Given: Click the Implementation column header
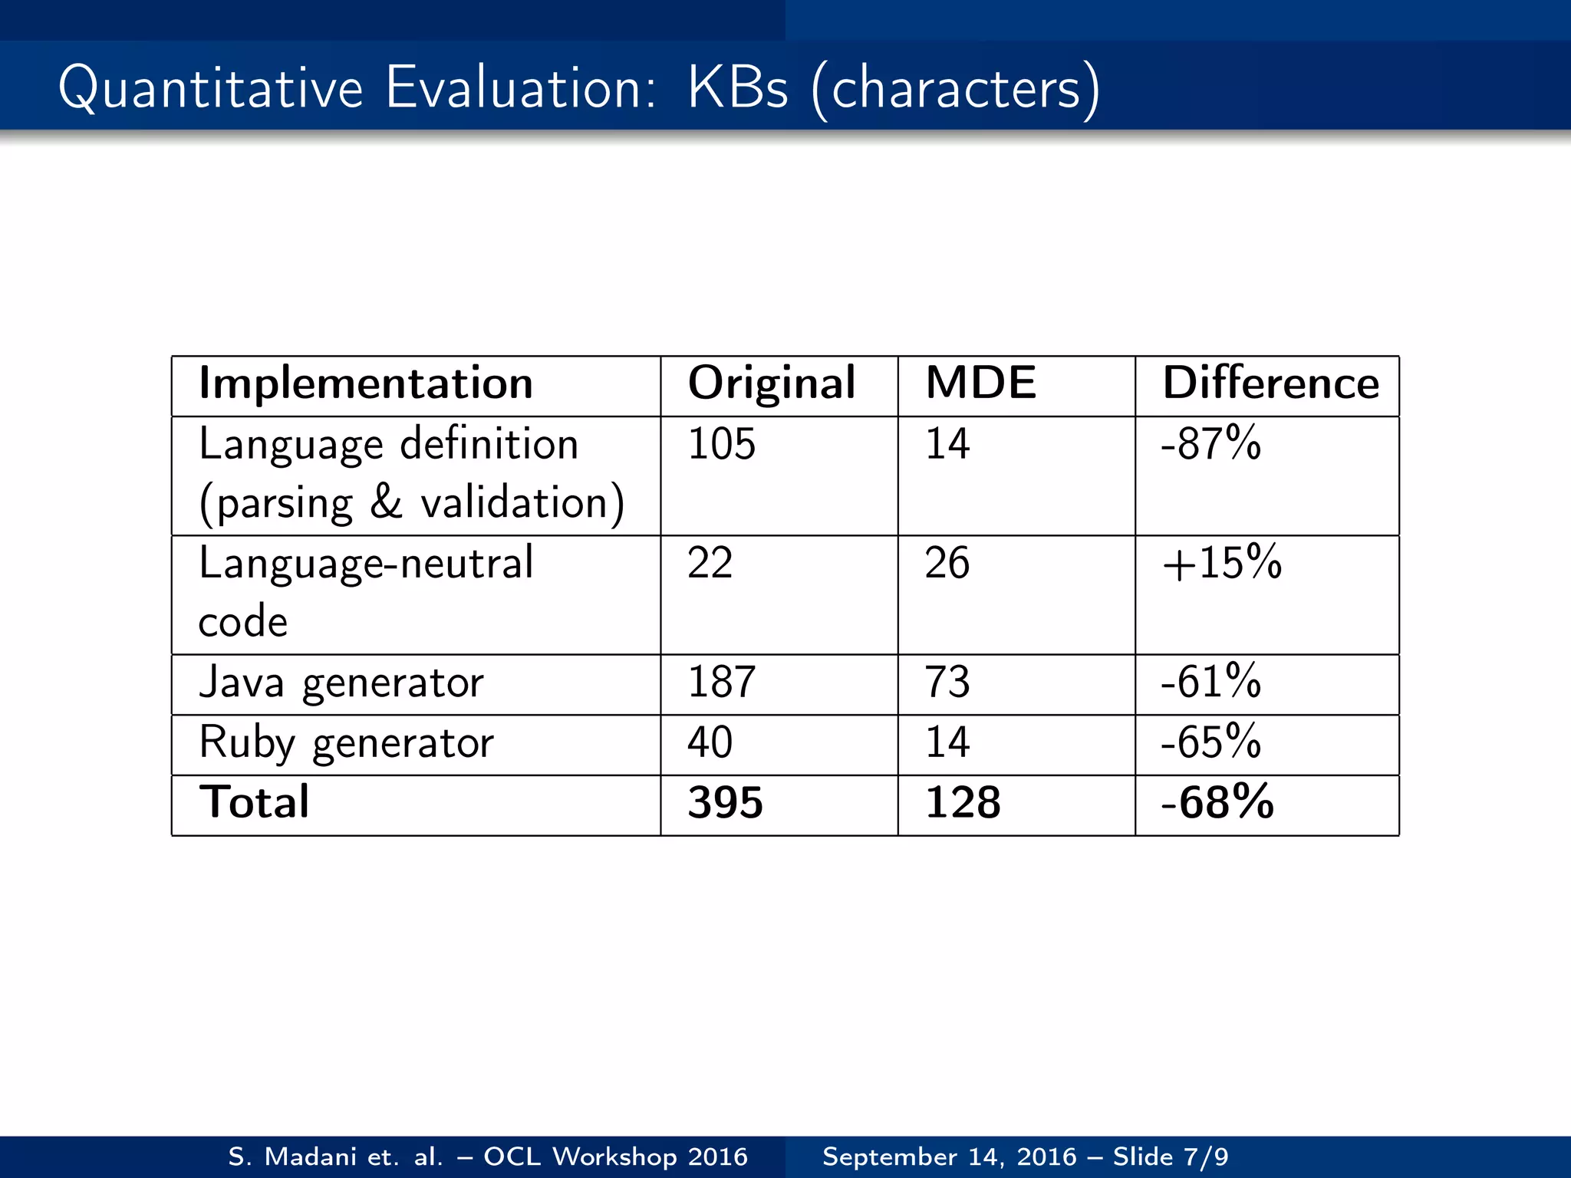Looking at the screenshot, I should pos(366,383).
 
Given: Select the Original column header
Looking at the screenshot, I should pos(771,383).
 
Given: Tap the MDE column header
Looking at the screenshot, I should pos(980,383).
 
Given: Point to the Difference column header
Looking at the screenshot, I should pos(1270,383).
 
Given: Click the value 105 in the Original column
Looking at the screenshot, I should pos(721,444).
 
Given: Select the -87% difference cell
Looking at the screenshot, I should pos(1210,444).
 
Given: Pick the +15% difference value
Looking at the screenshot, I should pos(1221,563).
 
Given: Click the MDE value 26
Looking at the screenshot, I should pos(947,563).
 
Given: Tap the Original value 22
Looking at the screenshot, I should pos(710,563).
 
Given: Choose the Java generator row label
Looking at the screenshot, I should pos(341,682).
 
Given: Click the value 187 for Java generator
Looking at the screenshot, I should pos(721,682).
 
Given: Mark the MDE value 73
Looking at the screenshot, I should pos(947,682).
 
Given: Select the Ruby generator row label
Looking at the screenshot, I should pos(346,742).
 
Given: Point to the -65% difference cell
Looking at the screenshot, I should pos(1210,742).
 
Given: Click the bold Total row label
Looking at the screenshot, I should pos(254,802).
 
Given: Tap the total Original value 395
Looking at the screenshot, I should pos(725,803).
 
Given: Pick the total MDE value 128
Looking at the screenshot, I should pos(963,803).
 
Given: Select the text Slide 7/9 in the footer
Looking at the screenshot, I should pos(1171,1157).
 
